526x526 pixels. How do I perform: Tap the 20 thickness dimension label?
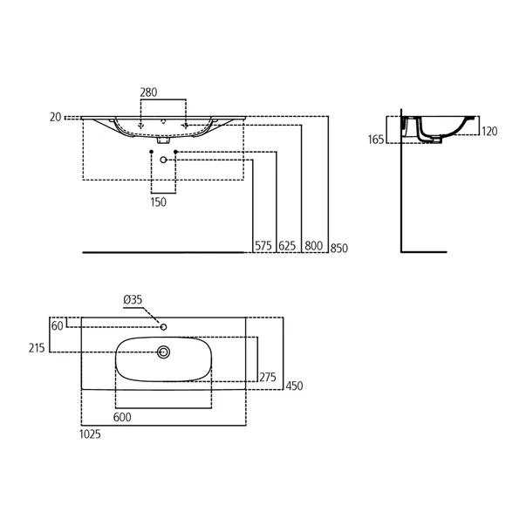tap(55, 117)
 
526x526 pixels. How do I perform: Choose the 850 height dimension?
tap(339, 247)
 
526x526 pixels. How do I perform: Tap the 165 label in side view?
tap(377, 140)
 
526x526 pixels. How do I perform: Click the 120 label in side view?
tap(488, 132)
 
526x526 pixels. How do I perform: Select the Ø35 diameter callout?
tap(133, 299)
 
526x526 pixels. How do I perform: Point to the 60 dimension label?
tap(58, 325)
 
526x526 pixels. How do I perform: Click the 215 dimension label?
tap(37, 347)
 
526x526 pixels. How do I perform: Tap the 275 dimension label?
tap(267, 377)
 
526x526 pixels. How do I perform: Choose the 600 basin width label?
tap(122, 417)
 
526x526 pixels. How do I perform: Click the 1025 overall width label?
tap(91, 434)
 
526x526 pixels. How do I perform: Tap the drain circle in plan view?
tap(163, 352)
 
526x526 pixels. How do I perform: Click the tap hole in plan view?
tap(163, 326)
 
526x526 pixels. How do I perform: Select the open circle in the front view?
tap(163, 160)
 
